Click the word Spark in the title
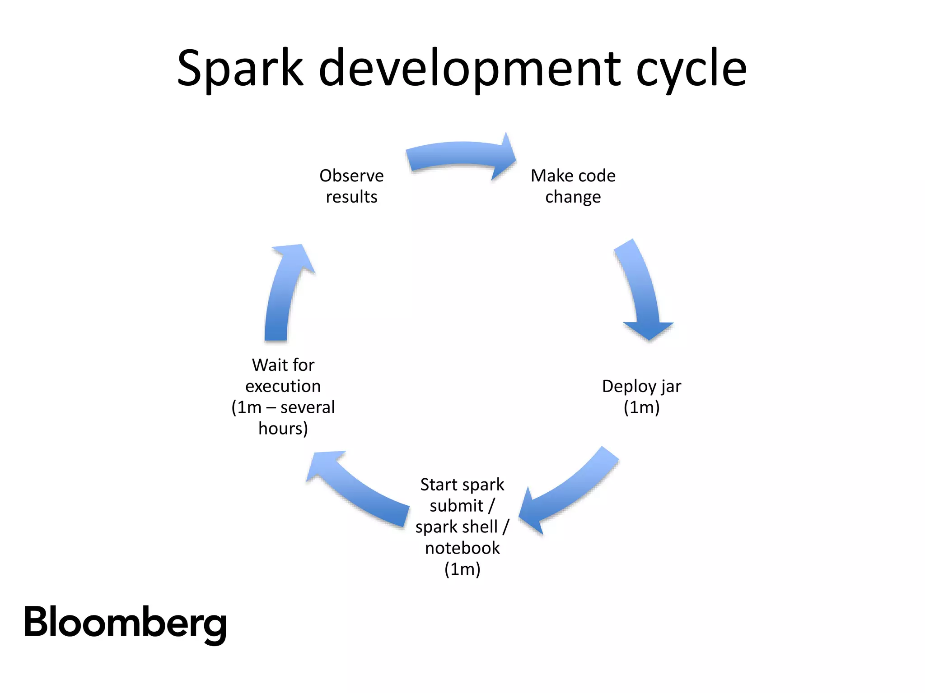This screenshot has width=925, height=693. pos(240,69)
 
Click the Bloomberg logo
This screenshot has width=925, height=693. pos(125,623)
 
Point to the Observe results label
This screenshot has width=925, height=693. pos(351,186)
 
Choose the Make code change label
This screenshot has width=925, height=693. pos(573,186)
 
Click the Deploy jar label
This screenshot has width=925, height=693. pos(641,396)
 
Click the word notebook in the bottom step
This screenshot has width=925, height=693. pos(462,548)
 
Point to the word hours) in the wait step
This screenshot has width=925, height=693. pos(283,428)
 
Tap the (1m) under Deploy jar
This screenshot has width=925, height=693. pos(641,407)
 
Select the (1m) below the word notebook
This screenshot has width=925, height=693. pos(462,569)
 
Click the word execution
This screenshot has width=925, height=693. pos(283,386)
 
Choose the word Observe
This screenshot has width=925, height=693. pos(351,176)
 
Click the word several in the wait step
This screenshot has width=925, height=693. pos(308,407)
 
